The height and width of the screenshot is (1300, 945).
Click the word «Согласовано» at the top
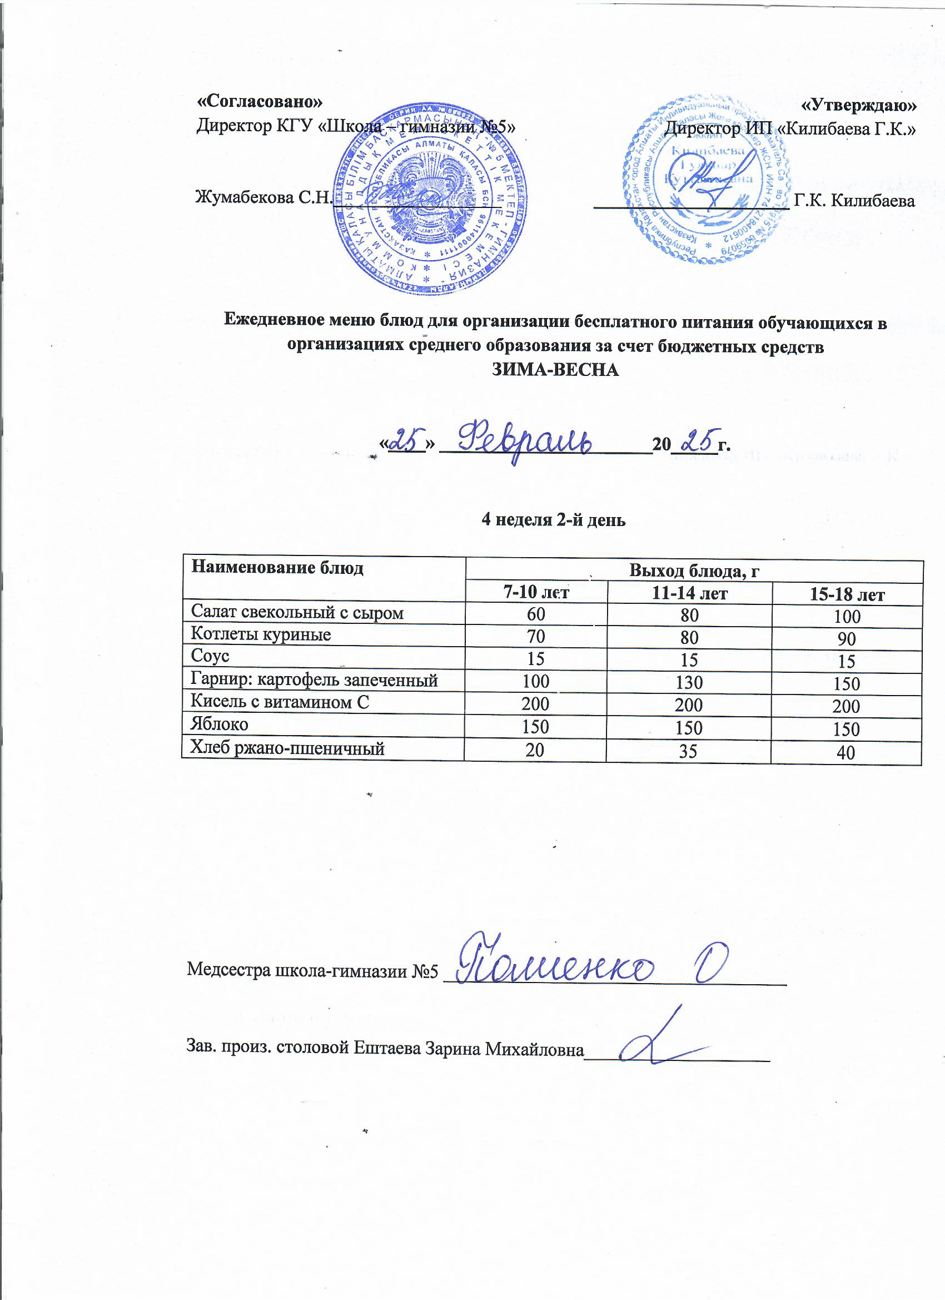tap(260, 101)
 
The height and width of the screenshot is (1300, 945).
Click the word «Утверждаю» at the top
tap(858, 105)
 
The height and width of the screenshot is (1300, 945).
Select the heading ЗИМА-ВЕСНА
tap(556, 370)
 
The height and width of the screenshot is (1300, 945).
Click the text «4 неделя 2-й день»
tap(554, 519)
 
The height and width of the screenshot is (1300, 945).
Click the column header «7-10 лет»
tap(536, 592)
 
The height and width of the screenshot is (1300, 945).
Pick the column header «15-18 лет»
tap(847, 595)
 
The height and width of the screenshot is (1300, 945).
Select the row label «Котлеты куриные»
tap(261, 634)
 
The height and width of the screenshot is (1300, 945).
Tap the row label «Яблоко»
tap(220, 725)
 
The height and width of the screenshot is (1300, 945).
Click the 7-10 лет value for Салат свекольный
tap(536, 614)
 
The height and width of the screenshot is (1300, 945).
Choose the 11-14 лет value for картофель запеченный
tap(689, 682)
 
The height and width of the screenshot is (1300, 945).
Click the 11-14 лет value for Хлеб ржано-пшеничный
tap(688, 751)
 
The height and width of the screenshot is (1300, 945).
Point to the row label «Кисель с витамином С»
tap(280, 702)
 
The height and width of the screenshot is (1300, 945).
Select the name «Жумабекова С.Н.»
tap(263, 198)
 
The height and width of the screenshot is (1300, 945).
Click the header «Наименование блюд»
tap(277, 568)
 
